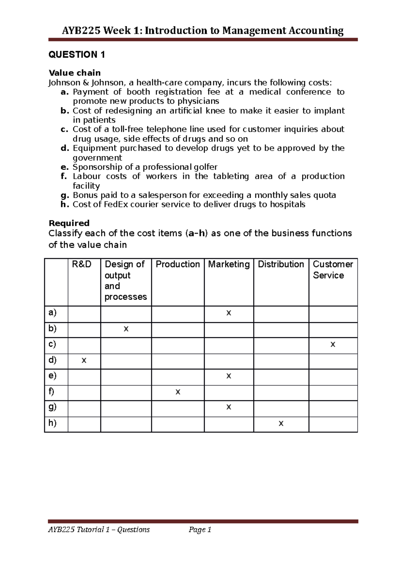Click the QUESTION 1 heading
click(x=77, y=54)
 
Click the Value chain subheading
click(x=75, y=73)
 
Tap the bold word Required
click(x=69, y=223)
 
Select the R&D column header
click(x=82, y=264)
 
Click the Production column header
click(x=178, y=264)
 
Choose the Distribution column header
click(x=281, y=264)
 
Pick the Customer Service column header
click(x=332, y=269)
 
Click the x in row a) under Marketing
click(x=229, y=313)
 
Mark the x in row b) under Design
click(x=126, y=329)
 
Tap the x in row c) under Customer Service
click(x=333, y=344)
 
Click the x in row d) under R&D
click(x=84, y=360)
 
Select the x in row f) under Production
click(x=178, y=392)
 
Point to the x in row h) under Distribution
click(x=281, y=423)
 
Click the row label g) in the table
click(x=52, y=407)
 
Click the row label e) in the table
click(x=52, y=375)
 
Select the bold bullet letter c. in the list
click(x=65, y=129)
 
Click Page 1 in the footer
click(x=200, y=529)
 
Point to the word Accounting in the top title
click(x=316, y=31)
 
